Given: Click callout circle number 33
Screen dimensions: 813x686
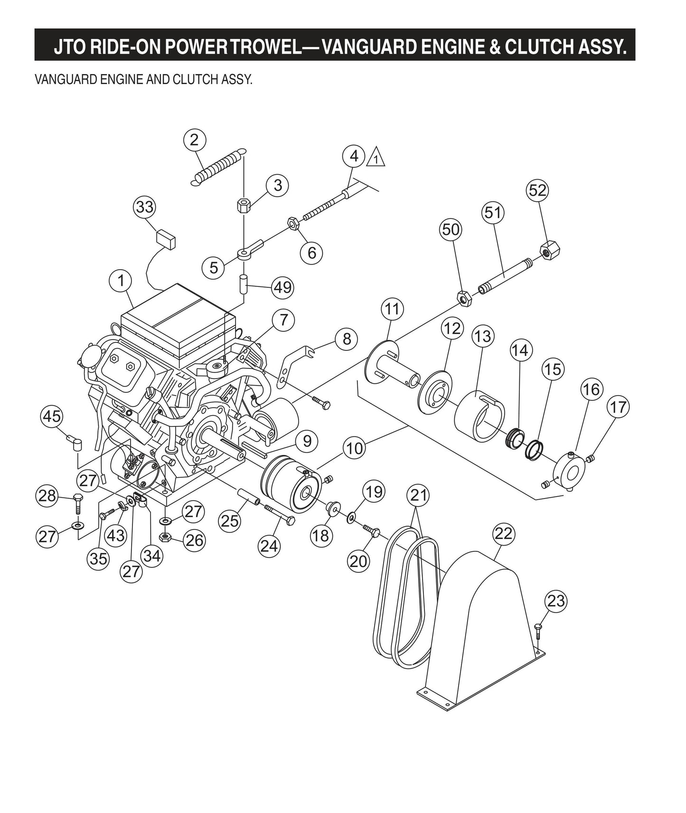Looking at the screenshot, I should coord(145,207).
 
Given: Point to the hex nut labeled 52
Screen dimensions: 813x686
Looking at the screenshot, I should coord(549,249).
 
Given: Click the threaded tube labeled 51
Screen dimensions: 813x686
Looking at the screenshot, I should coord(503,276).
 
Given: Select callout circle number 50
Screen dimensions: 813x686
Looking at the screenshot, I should coord(451,229).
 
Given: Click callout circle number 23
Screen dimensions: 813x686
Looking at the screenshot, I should coord(556,601).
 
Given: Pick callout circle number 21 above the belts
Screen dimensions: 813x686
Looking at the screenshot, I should coord(419,495).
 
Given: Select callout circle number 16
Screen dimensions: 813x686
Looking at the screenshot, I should coord(592,389).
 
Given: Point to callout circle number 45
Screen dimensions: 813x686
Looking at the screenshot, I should coord(52,416).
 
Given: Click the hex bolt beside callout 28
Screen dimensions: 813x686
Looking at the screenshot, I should coord(78,505).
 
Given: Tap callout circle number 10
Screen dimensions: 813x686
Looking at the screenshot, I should coord(355,448).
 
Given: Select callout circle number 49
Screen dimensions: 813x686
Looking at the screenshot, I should coord(283,287).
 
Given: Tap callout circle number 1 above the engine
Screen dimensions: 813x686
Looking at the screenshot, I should coord(122,280).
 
